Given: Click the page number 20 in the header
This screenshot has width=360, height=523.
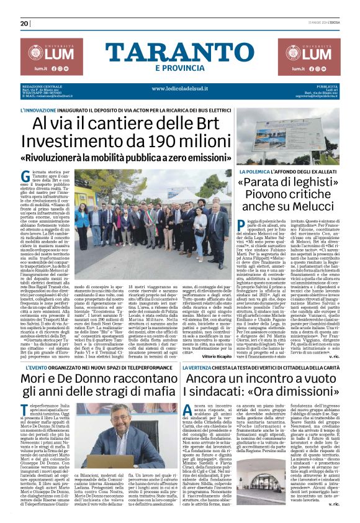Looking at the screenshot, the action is click(24, 24).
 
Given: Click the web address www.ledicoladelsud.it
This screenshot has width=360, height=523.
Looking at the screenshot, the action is click(179, 88).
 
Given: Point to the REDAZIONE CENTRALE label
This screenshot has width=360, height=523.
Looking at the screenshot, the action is click(42, 86).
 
